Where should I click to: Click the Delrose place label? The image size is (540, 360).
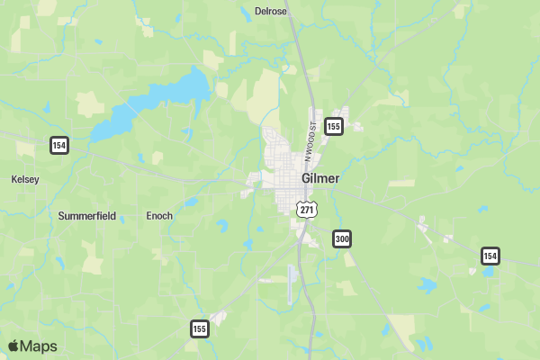tap(270, 12)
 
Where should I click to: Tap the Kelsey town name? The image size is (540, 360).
tap(25, 179)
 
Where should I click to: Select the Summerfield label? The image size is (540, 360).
tap(88, 216)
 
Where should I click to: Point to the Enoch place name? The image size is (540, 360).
tap(159, 216)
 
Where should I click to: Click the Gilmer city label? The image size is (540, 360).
tap(320, 178)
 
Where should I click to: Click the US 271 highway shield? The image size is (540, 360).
tap(307, 209)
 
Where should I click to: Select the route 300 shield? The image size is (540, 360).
tap(341, 238)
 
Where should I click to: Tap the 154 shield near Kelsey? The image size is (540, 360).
tap(59, 145)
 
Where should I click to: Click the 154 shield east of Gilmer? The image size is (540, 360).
tap(490, 256)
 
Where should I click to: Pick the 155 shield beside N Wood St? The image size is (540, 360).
tap(334, 127)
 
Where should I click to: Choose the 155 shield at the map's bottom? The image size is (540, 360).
tap(199, 328)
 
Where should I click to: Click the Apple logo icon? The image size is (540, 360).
tap(13, 346)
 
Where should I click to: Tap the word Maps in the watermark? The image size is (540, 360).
tap(39, 346)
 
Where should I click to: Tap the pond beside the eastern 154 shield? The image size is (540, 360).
tap(487, 271)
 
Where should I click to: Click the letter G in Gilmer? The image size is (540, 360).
tap(306, 178)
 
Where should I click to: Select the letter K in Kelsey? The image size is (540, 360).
tap(13, 179)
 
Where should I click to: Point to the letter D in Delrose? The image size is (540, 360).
tap(258, 12)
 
